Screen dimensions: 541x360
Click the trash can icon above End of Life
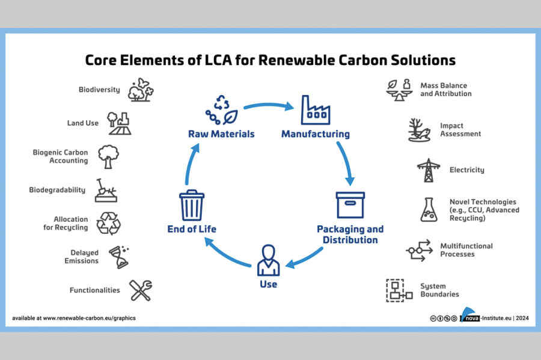pyautogui.click(x=192, y=205)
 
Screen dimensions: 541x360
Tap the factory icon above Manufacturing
pyautogui.click(x=316, y=110)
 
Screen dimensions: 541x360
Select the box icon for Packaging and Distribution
pyautogui.click(x=350, y=205)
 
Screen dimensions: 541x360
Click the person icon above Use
pyautogui.click(x=269, y=260)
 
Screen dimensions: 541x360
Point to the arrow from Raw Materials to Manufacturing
pyautogui.click(x=269, y=105)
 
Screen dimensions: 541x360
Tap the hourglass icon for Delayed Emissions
pyautogui.click(x=119, y=257)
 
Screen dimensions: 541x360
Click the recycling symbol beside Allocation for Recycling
pyautogui.click(x=108, y=224)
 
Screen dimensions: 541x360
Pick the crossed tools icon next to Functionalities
pyautogui.click(x=141, y=290)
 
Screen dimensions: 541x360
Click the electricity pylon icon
pyautogui.click(x=429, y=170)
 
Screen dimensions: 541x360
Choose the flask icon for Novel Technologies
pyautogui.click(x=429, y=210)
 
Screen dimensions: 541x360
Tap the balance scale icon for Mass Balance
pyautogui.click(x=400, y=90)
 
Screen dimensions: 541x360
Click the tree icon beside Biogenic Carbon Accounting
pyautogui.click(x=108, y=156)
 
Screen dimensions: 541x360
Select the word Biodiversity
pyautogui.click(x=99, y=90)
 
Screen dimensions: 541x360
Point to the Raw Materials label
pyautogui.click(x=221, y=134)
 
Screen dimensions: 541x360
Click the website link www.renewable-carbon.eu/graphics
pyautogui.click(x=90, y=318)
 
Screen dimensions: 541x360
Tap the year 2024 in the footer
pyautogui.click(x=522, y=318)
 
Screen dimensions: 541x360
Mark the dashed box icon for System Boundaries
pyautogui.click(x=399, y=291)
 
